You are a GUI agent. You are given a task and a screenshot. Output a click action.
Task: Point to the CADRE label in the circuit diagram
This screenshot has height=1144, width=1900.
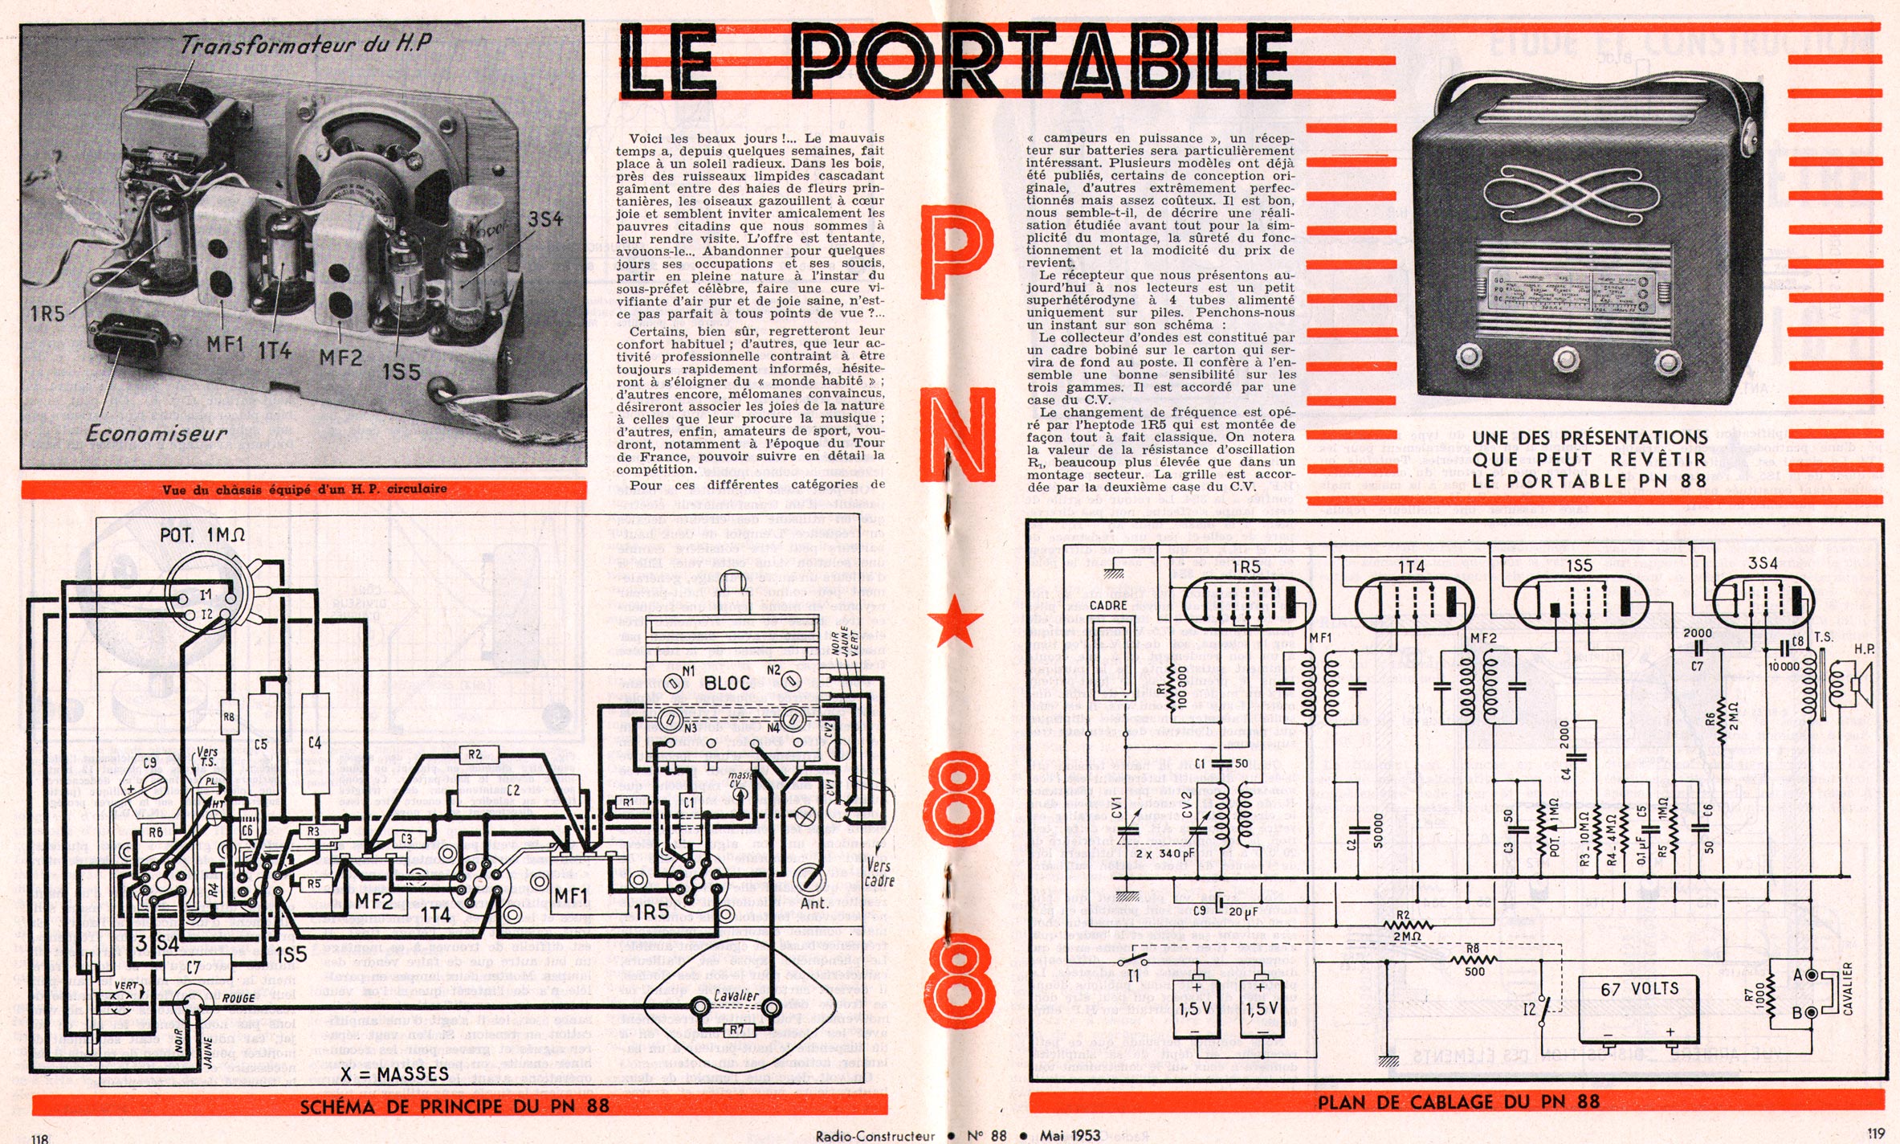point(1108,605)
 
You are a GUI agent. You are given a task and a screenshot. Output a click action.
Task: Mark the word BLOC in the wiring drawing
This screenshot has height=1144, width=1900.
point(727,683)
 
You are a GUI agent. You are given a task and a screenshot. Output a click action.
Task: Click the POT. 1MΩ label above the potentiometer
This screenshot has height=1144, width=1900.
point(202,535)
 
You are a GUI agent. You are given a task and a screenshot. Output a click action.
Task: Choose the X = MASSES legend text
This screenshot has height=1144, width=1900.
point(394,1074)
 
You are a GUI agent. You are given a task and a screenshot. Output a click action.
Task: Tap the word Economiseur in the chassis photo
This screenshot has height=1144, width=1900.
point(157,434)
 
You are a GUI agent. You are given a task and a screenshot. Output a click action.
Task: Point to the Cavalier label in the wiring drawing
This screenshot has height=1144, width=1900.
point(736,995)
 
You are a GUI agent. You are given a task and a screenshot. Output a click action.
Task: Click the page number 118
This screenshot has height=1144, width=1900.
point(39,1138)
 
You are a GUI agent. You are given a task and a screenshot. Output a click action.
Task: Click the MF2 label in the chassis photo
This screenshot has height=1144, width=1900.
point(341,357)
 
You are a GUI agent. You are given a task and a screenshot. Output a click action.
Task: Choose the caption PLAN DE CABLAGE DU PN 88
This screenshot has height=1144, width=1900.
point(1458,1102)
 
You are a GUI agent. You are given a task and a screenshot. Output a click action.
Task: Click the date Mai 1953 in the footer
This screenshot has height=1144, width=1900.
point(1070,1135)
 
